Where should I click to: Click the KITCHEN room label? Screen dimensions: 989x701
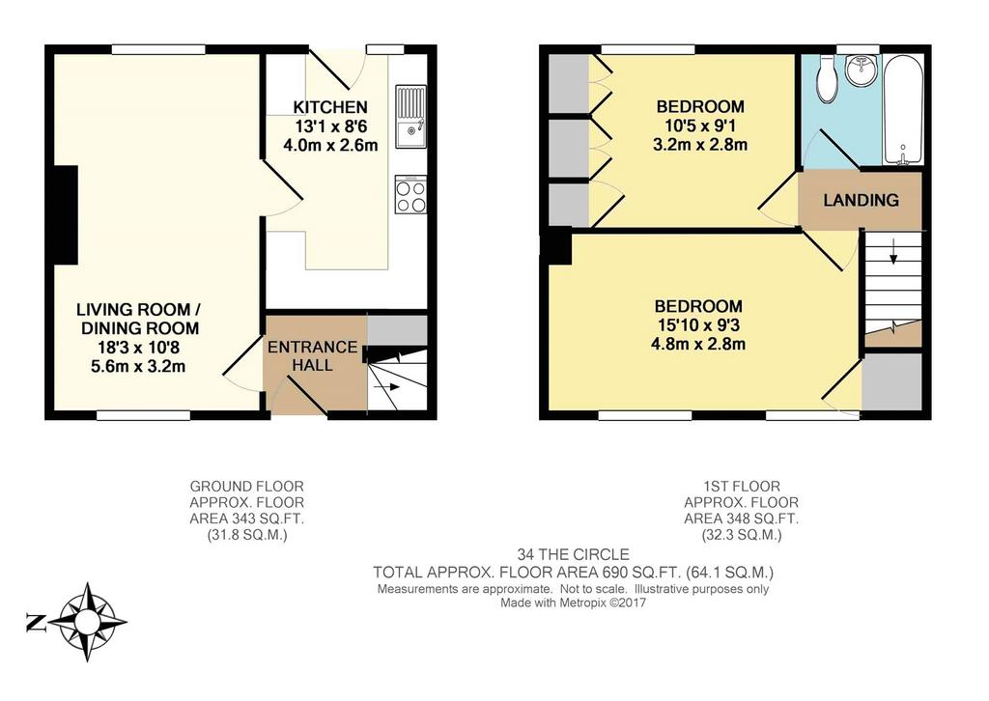(330, 107)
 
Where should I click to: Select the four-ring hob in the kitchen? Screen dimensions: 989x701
(410, 194)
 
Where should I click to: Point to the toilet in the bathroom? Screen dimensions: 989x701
(827, 78)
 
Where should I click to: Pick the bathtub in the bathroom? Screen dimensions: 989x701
(903, 110)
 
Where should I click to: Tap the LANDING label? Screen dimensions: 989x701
(861, 201)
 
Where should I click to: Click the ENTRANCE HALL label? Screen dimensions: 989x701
(312, 356)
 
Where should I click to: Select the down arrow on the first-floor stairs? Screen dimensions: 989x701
(893, 251)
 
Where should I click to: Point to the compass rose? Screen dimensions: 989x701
(87, 622)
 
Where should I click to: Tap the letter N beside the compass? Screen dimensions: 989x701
(36, 622)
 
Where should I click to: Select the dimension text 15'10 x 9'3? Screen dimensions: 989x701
(698, 325)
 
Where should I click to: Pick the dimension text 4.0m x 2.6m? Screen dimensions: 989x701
(330, 145)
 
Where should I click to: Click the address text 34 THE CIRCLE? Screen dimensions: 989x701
(574, 555)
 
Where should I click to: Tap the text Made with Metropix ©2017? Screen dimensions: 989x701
(574, 603)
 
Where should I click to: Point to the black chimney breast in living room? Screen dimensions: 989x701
(66, 215)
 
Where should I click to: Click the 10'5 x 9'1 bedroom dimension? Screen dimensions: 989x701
(700, 126)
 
